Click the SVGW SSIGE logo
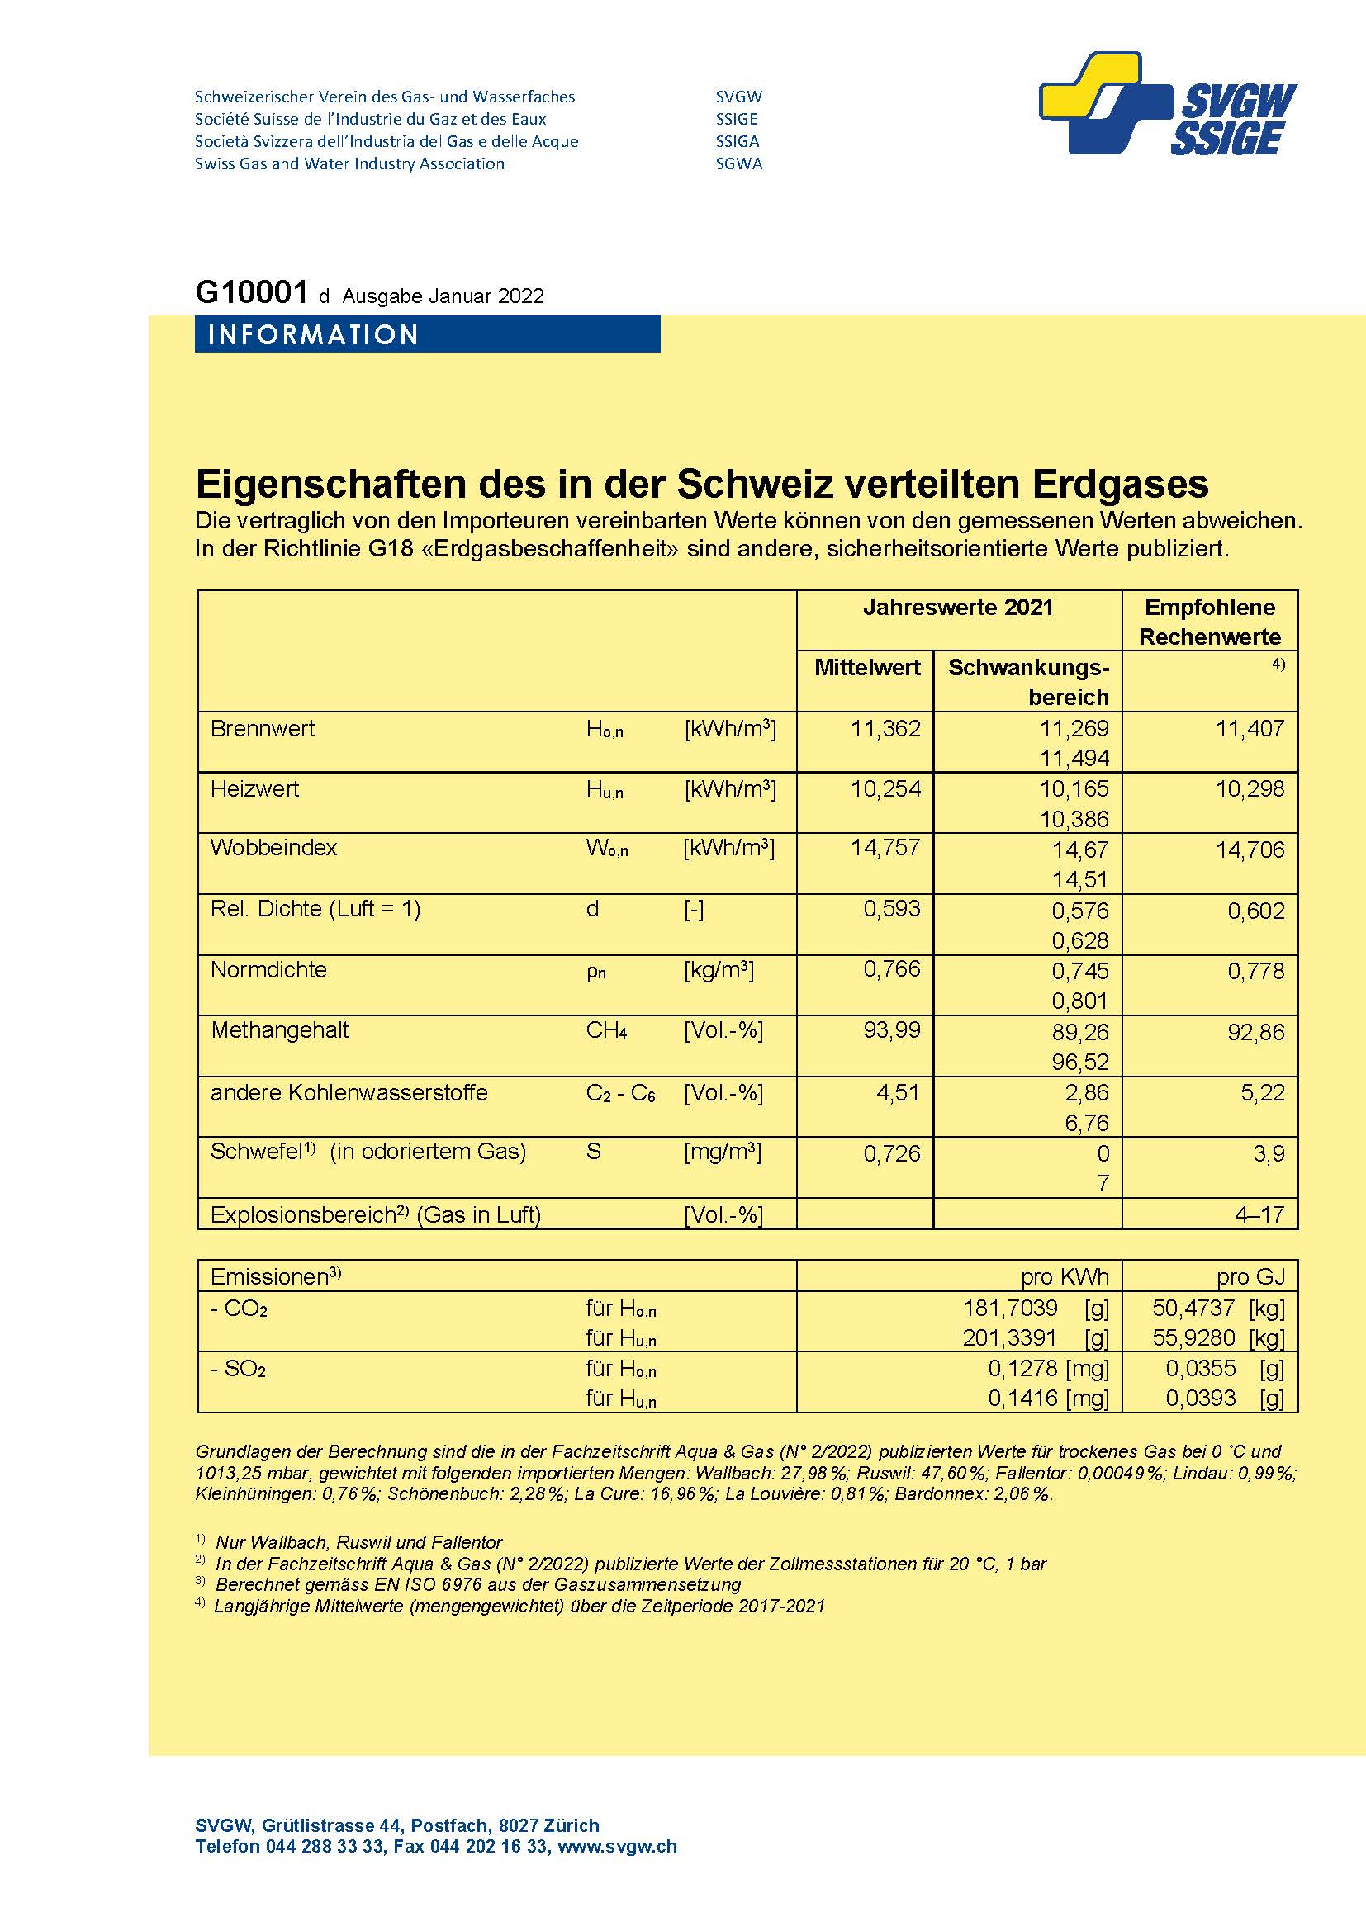[1169, 105]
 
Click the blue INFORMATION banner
[426, 334]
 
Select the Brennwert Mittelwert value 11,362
[885, 728]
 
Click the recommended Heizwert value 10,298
[1250, 789]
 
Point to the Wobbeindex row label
[273, 847]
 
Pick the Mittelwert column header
[866, 668]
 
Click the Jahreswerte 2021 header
[957, 608]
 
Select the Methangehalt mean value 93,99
[892, 1030]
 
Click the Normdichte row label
[268, 970]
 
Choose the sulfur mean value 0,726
[892, 1153]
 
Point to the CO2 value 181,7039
[1009, 1308]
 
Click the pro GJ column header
[1250, 1276]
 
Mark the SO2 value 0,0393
[1200, 1397]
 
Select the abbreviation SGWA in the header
[738, 164]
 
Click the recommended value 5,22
[1263, 1092]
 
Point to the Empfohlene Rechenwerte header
[1210, 622]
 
